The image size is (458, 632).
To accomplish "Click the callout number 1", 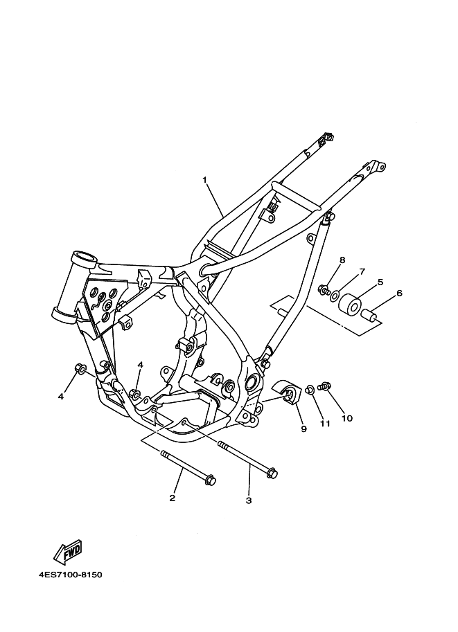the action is tap(205, 180).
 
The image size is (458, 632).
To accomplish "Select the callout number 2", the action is tap(172, 498).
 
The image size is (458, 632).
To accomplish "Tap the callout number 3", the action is tap(248, 500).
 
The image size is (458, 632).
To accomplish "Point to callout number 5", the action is tap(380, 282).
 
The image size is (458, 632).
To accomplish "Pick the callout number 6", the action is tap(399, 293).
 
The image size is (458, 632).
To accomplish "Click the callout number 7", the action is tap(361, 272).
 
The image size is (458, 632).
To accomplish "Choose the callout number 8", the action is tap(342, 260).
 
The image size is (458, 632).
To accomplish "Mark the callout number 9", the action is tap(303, 428).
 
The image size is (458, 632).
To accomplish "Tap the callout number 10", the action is tap(346, 418).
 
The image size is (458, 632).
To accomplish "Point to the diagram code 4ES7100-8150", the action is tap(71, 575).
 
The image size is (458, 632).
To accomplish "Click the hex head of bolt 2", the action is tap(211, 480).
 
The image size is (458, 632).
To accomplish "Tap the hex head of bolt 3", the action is tap(272, 474).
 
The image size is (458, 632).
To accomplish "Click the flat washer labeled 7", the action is tap(335, 296).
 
